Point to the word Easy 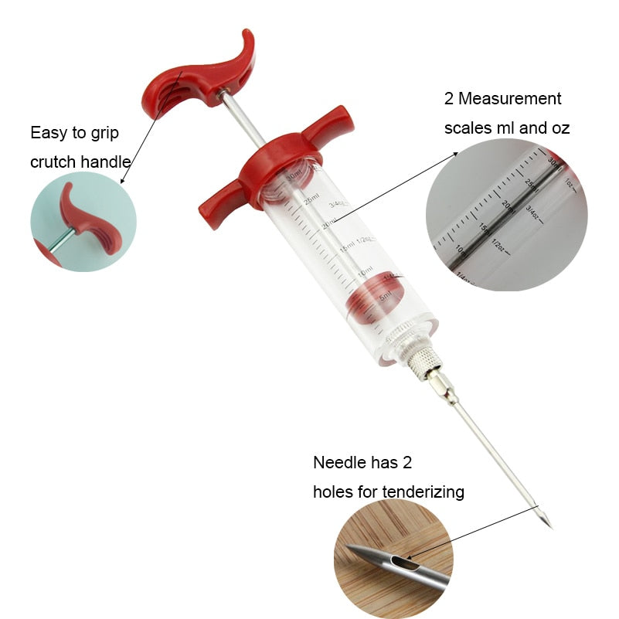tap(47, 133)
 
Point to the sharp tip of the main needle tap(549, 527)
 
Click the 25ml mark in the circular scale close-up tap(530, 183)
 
